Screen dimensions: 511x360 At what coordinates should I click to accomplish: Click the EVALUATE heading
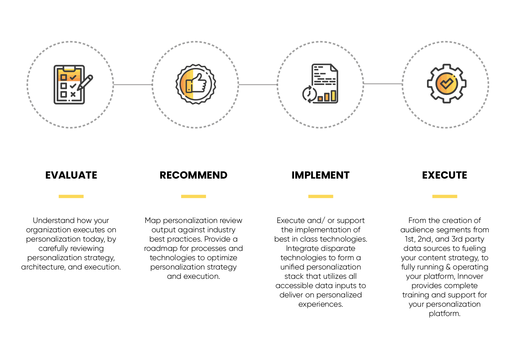click(71, 175)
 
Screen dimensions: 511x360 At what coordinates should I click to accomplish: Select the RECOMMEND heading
click(193, 175)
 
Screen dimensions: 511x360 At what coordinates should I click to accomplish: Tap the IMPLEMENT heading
click(320, 175)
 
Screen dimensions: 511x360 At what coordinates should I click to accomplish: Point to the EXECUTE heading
click(445, 175)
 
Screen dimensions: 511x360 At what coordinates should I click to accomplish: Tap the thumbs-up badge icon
click(196, 84)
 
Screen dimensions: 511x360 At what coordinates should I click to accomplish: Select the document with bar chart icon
click(320, 83)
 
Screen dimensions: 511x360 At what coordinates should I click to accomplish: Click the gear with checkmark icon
click(447, 83)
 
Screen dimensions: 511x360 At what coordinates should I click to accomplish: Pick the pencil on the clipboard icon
click(85, 83)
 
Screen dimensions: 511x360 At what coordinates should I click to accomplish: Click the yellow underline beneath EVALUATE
click(71, 196)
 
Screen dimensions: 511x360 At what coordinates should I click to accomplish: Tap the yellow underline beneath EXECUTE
click(445, 196)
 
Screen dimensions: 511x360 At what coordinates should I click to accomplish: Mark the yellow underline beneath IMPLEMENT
click(320, 196)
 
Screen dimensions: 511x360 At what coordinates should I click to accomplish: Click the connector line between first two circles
click(133, 85)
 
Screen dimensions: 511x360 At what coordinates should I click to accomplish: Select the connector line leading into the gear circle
click(383, 84)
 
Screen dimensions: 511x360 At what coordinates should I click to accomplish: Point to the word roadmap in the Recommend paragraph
click(161, 249)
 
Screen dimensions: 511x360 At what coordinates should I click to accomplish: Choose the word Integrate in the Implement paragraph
click(301, 249)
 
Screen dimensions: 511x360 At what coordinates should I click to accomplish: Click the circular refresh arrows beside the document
click(309, 94)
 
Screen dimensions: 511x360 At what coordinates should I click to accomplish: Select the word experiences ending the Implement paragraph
click(320, 304)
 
